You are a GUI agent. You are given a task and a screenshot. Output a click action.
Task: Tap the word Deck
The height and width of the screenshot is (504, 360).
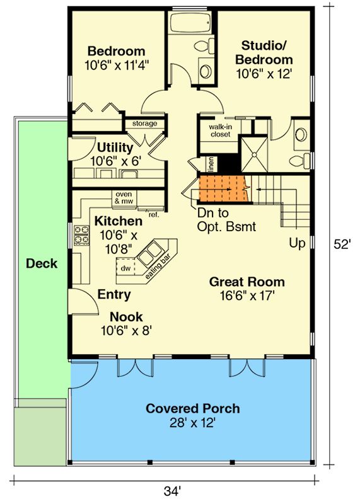pos(42,263)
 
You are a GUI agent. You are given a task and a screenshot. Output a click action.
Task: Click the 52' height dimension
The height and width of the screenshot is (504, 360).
pos(342,244)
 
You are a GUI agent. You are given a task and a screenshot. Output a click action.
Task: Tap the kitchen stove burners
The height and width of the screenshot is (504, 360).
pos(81,234)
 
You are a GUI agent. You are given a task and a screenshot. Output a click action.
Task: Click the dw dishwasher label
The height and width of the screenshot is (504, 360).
pos(125,268)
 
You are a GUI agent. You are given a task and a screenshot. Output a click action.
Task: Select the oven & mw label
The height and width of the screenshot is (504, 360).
pos(124,198)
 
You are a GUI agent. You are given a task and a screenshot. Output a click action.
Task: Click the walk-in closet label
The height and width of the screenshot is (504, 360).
pos(221,130)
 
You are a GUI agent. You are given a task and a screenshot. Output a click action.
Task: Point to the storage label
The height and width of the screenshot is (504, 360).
pos(145,123)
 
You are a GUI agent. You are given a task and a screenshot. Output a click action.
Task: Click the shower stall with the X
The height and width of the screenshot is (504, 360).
pos(254,154)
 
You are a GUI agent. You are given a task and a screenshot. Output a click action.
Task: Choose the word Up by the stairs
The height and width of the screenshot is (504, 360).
pos(297,243)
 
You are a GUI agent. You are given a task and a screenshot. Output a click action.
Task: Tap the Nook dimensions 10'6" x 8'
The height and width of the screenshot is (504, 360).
pos(126,330)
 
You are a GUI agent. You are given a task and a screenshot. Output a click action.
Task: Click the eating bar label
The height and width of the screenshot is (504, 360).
pos(158,266)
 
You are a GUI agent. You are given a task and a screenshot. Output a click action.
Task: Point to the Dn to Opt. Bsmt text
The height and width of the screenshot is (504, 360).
pos(226,220)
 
